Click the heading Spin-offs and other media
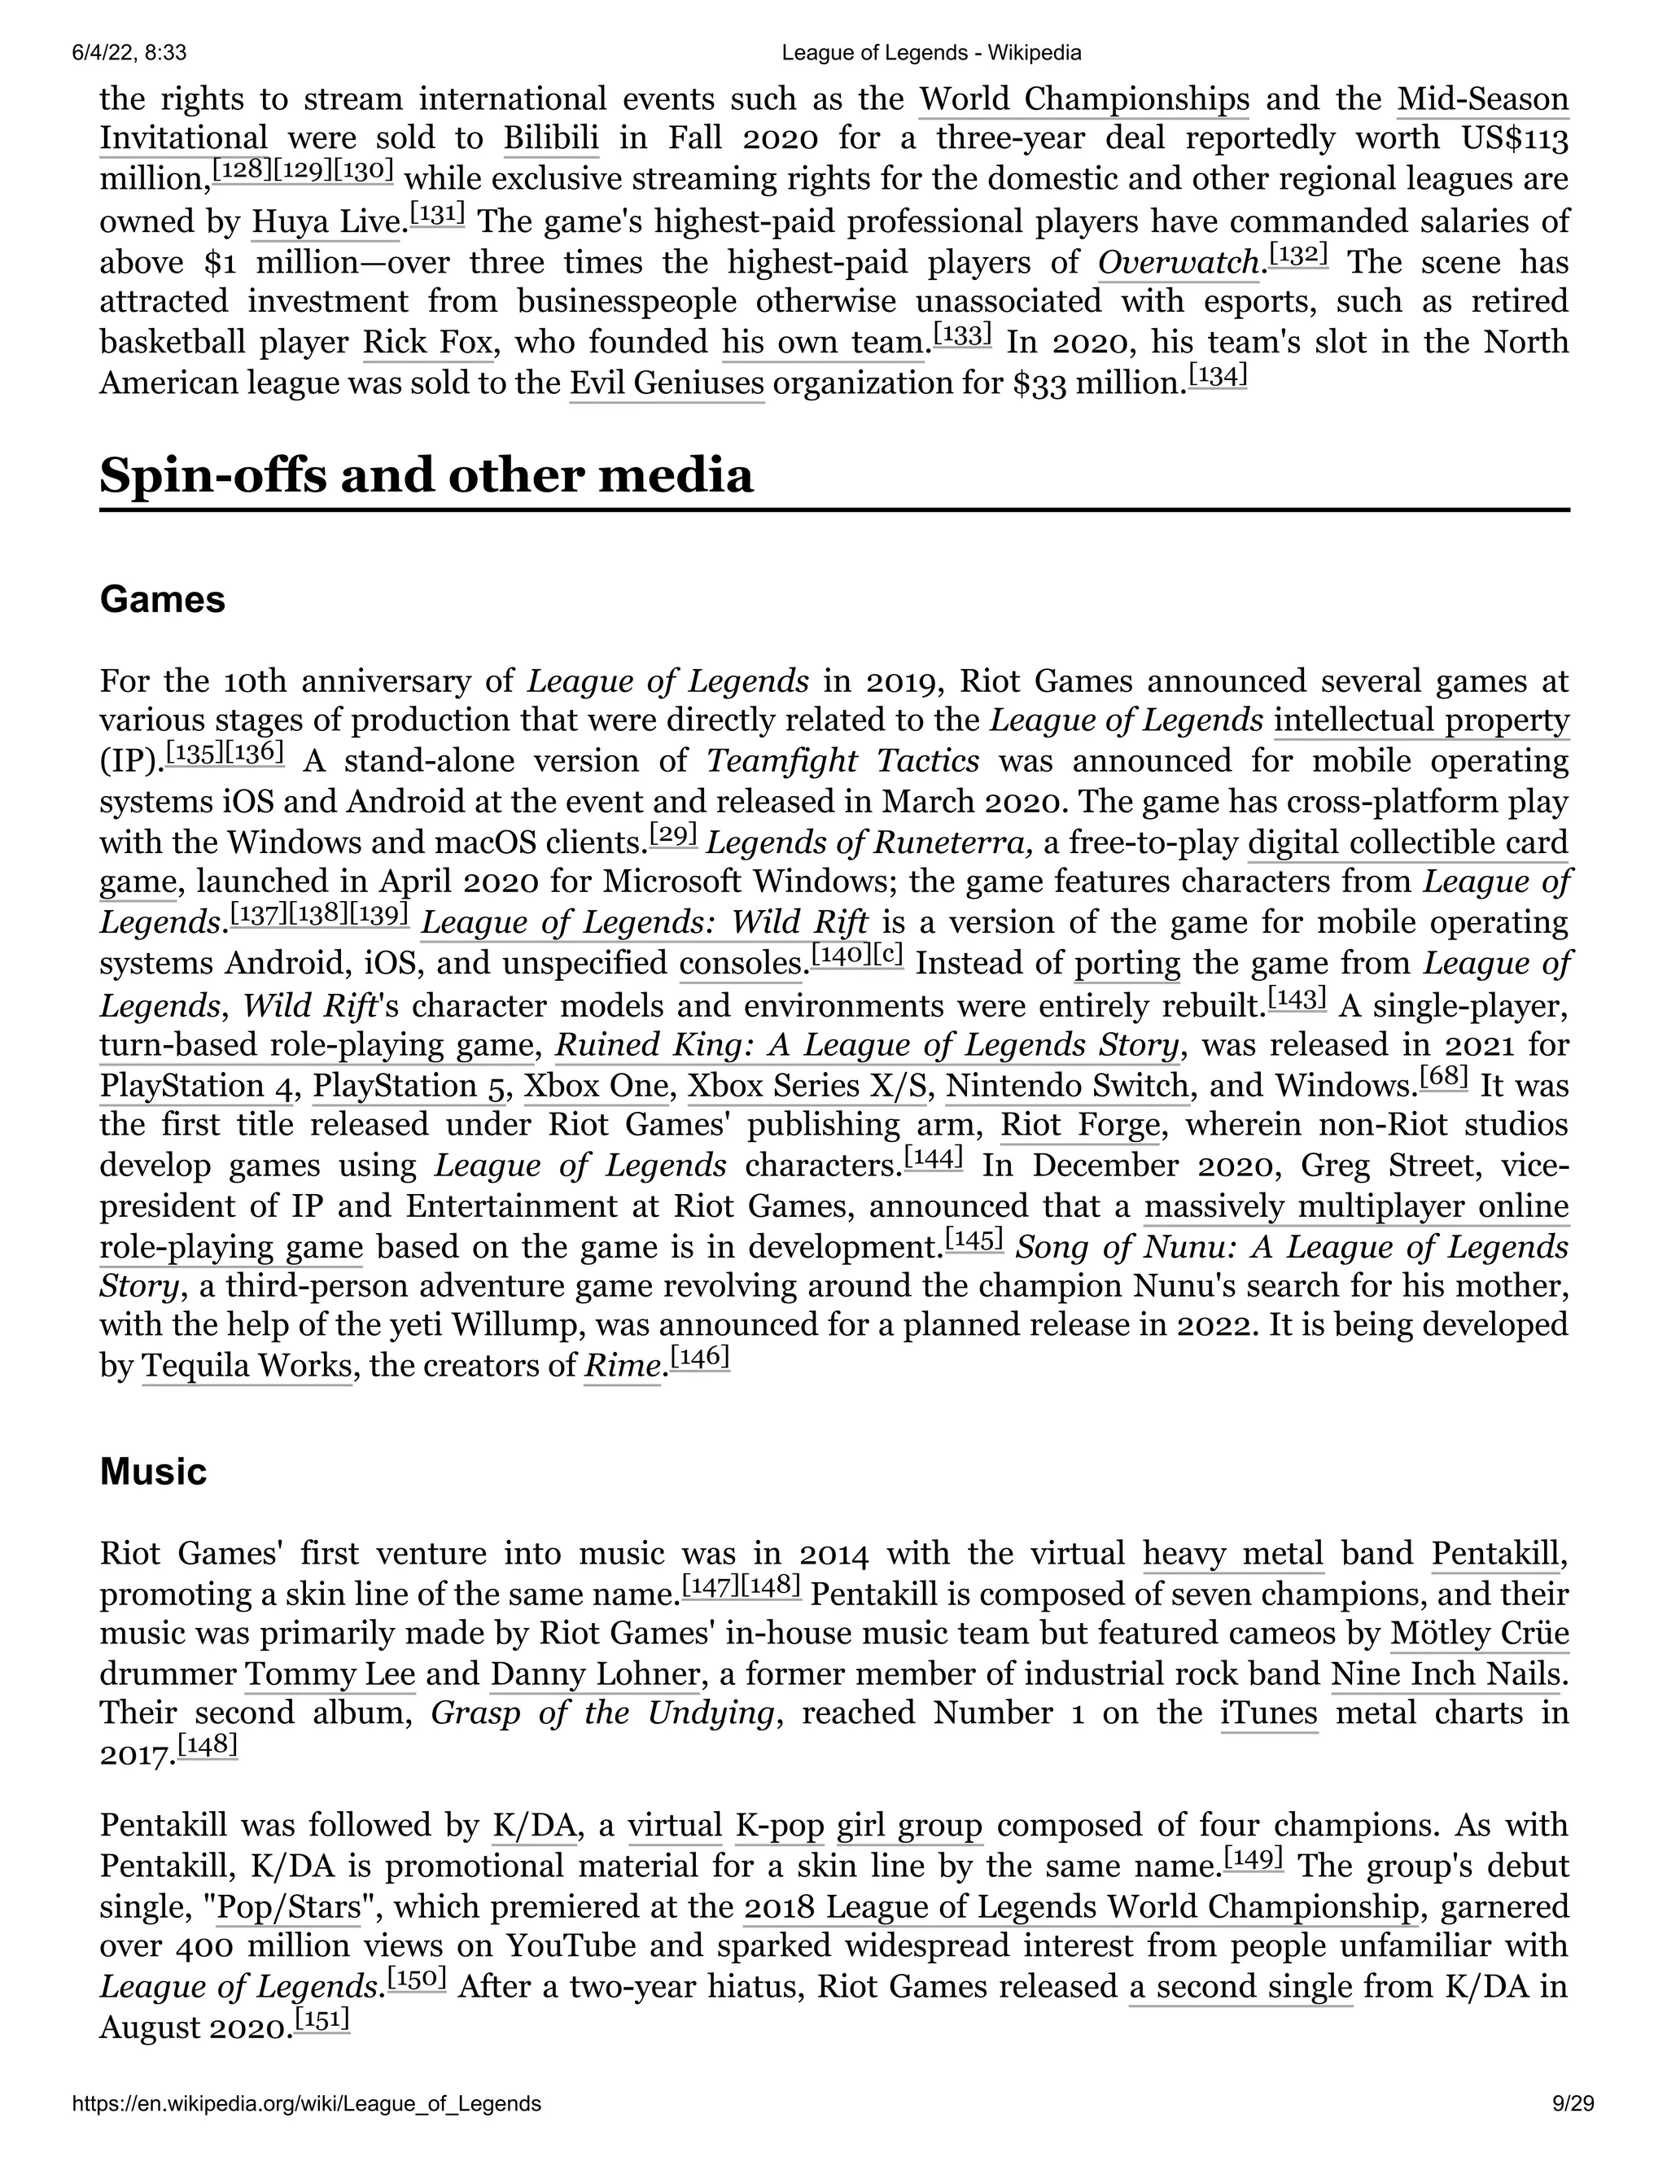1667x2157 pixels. point(426,476)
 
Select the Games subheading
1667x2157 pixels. point(162,600)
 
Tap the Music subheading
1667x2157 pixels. point(153,1472)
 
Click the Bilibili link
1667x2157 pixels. point(550,138)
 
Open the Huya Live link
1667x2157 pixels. point(326,221)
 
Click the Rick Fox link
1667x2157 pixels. point(427,343)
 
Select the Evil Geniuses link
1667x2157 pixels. point(667,383)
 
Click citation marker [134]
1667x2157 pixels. point(1218,375)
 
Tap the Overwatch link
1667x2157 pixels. point(1178,263)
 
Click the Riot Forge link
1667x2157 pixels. point(1080,1125)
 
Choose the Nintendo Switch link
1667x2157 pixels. point(1066,1085)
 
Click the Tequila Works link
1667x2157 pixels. point(247,1366)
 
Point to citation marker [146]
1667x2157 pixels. point(700,1359)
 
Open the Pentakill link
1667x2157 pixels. point(1496,1554)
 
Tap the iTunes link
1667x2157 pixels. point(1269,1713)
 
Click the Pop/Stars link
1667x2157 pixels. point(289,1906)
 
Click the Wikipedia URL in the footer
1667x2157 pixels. point(306,2130)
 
